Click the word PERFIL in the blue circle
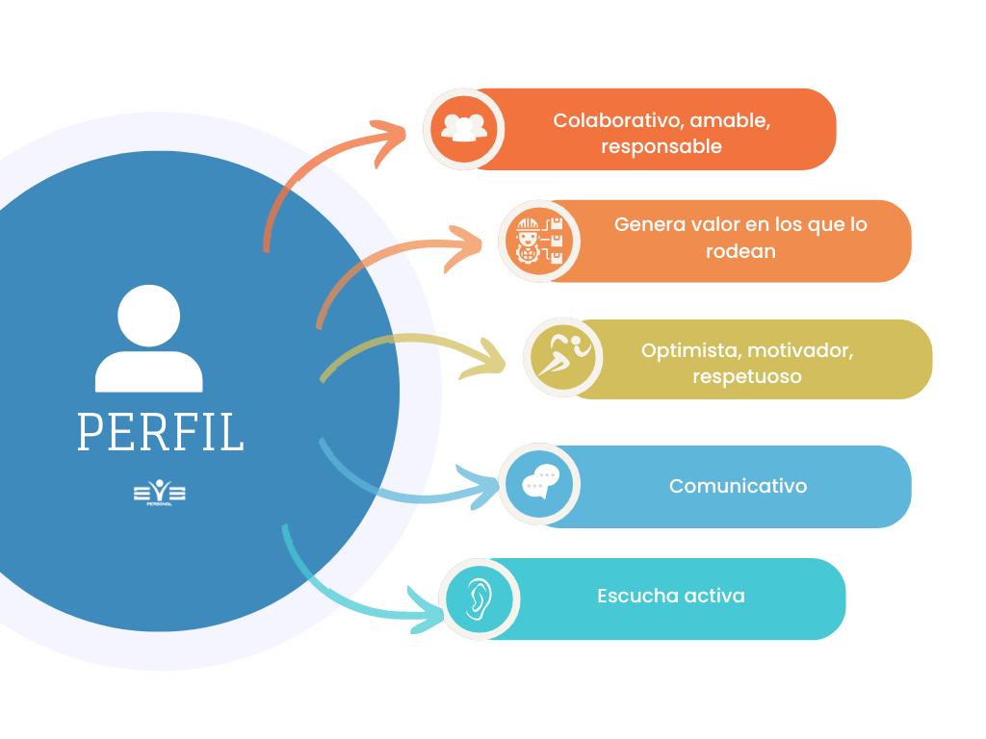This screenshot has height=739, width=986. pyautogui.click(x=160, y=432)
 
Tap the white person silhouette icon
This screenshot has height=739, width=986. pyautogui.click(x=149, y=339)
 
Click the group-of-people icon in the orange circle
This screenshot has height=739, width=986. pyautogui.click(x=463, y=129)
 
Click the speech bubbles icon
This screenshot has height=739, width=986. pyautogui.click(x=539, y=484)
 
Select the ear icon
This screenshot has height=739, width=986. pyautogui.click(x=479, y=599)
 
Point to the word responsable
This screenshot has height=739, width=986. pyautogui.click(x=662, y=147)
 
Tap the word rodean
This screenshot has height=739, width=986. pyautogui.click(x=740, y=251)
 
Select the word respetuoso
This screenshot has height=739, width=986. pyautogui.click(x=746, y=376)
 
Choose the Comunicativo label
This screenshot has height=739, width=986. pyautogui.click(x=738, y=486)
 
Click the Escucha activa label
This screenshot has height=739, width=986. pyautogui.click(x=670, y=596)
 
